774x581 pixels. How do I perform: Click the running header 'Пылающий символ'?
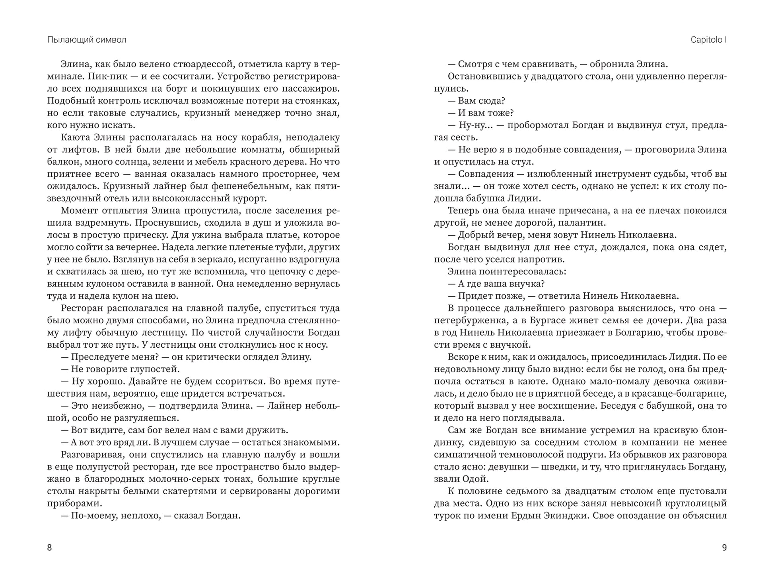(x=86, y=40)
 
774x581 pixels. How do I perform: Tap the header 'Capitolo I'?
(x=708, y=40)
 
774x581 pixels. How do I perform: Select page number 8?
(x=49, y=548)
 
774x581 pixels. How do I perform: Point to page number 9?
(x=724, y=548)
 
